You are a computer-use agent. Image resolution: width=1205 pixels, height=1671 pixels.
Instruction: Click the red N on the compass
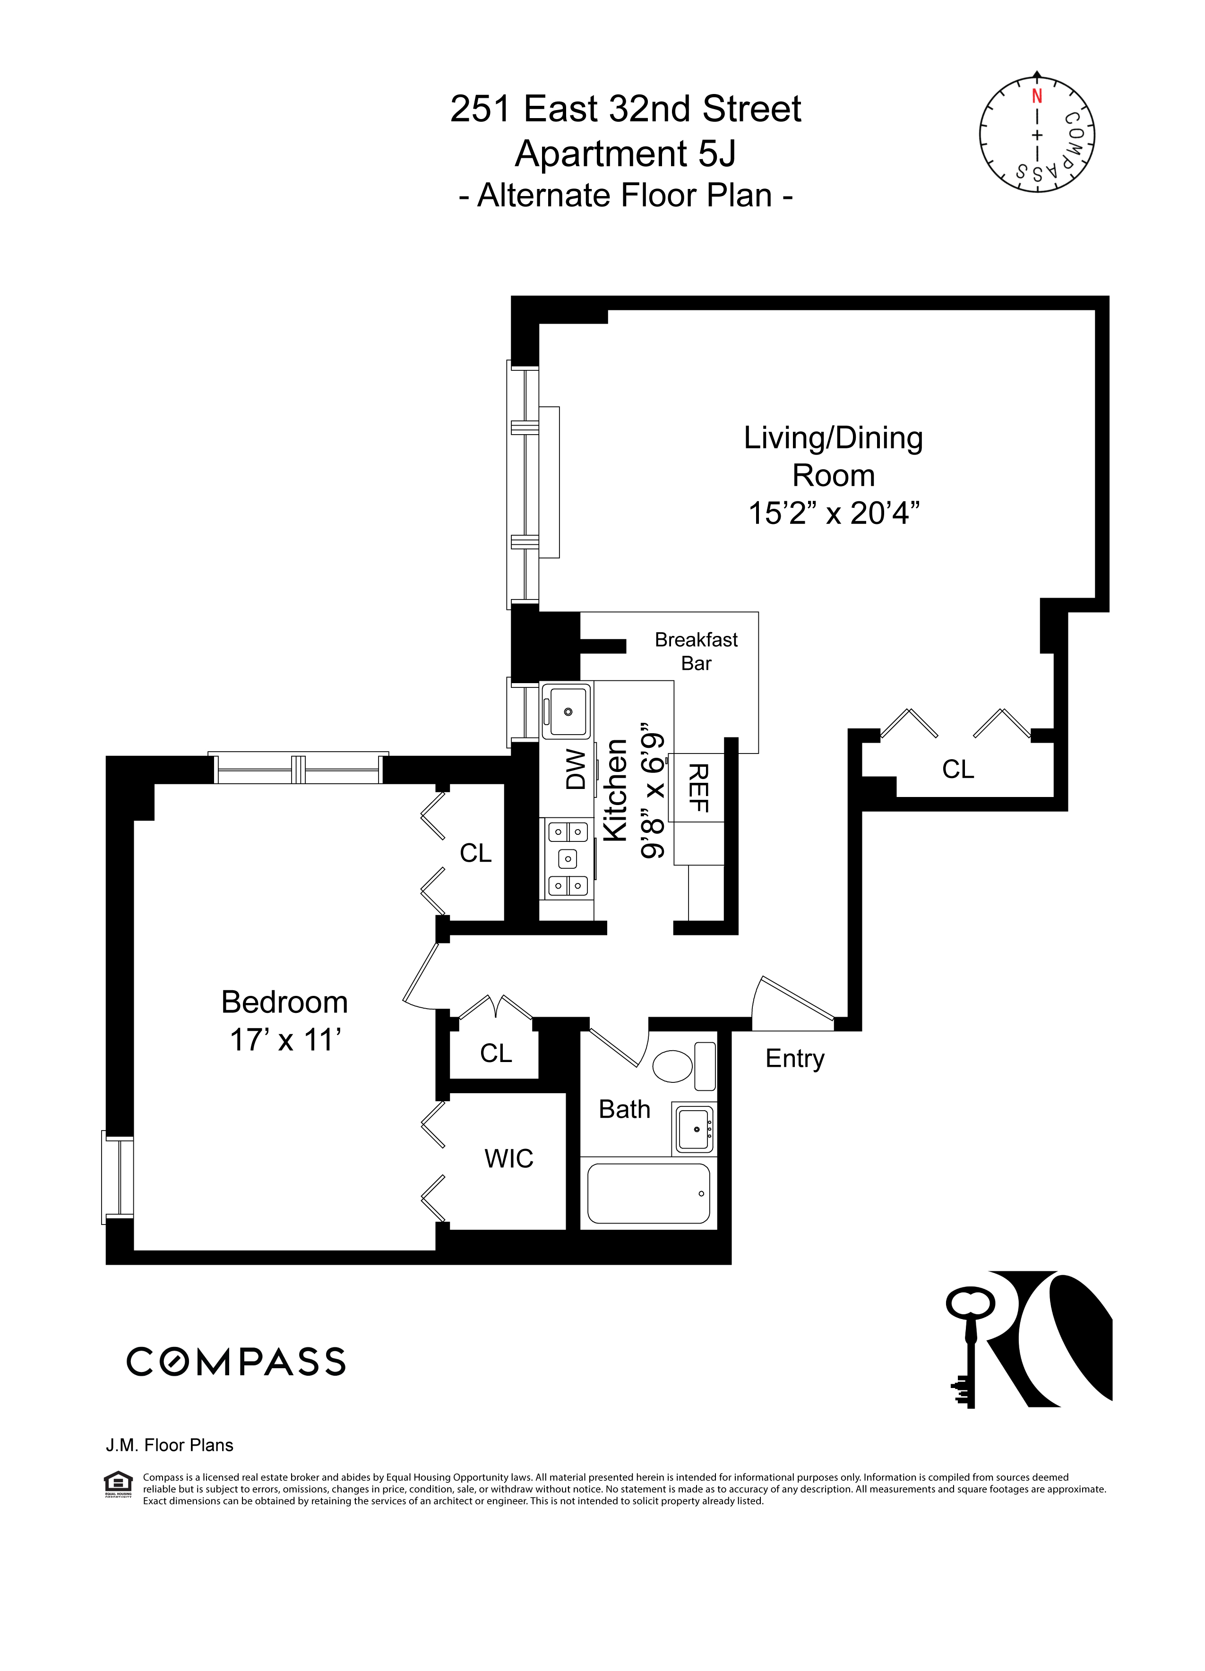(1037, 96)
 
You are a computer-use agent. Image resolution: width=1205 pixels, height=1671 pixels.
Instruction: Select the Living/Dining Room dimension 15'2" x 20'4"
(835, 513)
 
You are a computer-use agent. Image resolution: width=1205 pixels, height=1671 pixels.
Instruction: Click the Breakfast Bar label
(696, 651)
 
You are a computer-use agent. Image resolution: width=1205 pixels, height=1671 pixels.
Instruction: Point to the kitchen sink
(566, 711)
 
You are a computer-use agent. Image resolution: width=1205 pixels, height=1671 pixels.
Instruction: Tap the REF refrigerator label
(697, 788)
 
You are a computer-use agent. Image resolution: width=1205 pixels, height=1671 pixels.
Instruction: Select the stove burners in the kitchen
(567, 858)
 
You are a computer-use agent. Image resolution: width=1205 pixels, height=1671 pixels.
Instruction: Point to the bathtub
(648, 1193)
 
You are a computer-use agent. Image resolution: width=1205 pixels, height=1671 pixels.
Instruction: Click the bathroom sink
(693, 1129)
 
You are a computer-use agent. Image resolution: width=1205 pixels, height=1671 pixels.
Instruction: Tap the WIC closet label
(508, 1158)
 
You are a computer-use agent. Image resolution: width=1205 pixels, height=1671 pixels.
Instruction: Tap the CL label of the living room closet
(957, 769)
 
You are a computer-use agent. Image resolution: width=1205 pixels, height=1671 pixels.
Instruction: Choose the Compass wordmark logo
(236, 1362)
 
